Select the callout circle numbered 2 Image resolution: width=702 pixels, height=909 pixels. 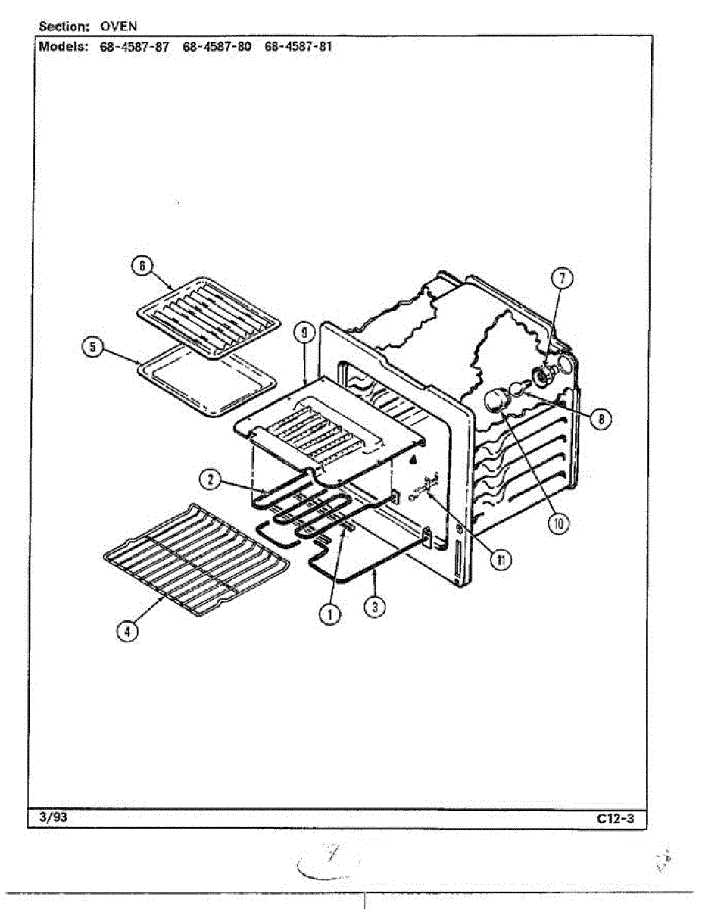[211, 479]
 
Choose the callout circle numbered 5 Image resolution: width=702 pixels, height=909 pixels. [92, 348]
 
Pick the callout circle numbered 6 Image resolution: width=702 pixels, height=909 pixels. [142, 265]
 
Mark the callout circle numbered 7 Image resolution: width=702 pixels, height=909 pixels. [562, 278]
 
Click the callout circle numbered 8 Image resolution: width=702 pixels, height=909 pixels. [601, 418]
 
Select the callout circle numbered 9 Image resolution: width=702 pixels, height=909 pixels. [303, 331]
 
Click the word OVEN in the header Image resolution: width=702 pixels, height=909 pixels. [118, 27]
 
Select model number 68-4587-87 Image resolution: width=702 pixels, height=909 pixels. [134, 45]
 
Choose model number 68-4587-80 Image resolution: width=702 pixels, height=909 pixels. [217, 45]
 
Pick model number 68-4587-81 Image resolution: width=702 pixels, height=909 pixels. [298, 45]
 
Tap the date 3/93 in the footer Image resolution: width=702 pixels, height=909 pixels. [50, 817]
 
